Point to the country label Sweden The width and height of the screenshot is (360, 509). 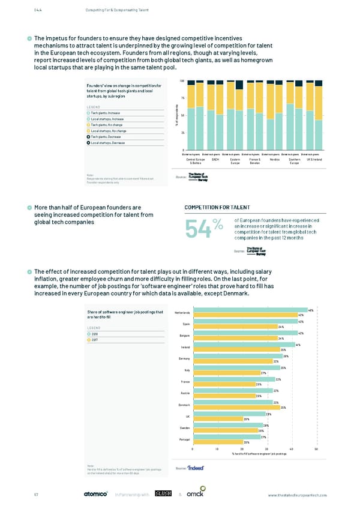(184, 427)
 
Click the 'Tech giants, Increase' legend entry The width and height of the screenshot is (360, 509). (109, 112)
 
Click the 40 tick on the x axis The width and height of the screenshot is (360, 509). (290, 450)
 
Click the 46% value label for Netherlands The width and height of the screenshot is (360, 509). (310, 309)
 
